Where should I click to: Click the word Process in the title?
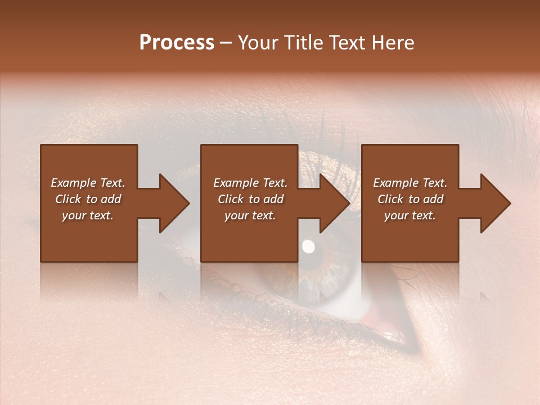pyautogui.click(x=177, y=43)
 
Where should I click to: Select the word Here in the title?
pyautogui.click(x=393, y=43)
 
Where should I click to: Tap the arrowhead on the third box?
pyautogui.click(x=494, y=203)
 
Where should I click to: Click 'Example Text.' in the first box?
pyautogui.click(x=88, y=182)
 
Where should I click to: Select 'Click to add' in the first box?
pyautogui.click(x=88, y=199)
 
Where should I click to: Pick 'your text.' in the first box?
pyautogui.click(x=88, y=215)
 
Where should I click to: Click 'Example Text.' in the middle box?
pyautogui.click(x=250, y=182)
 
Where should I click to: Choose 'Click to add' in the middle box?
pyautogui.click(x=250, y=199)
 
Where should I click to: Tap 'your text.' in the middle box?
pyautogui.click(x=250, y=215)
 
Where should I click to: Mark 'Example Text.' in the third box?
pyautogui.click(x=409, y=182)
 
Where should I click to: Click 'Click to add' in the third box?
pyautogui.click(x=409, y=199)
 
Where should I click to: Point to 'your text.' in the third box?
pyautogui.click(x=409, y=215)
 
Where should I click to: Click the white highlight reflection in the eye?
pyautogui.click(x=308, y=246)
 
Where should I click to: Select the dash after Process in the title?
pyautogui.click(x=226, y=43)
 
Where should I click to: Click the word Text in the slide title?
pyautogui.click(x=347, y=43)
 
